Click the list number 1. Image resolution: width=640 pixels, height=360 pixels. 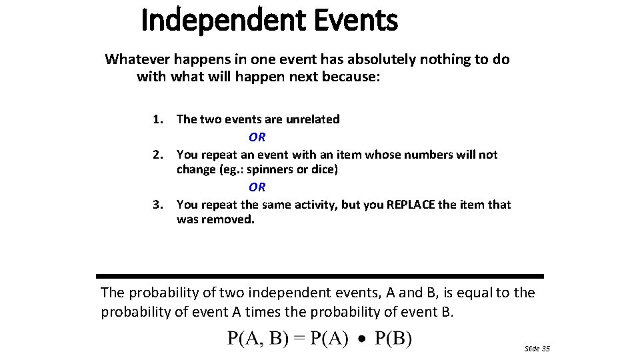tap(157, 119)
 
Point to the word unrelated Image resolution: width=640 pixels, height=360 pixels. tap(313, 119)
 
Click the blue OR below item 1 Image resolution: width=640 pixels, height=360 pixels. tap(257, 137)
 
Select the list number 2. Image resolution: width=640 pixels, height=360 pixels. tap(157, 155)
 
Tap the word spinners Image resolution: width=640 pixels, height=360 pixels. tap(268, 169)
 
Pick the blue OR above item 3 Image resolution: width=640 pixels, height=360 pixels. tap(257, 187)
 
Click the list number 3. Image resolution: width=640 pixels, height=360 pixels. tap(157, 205)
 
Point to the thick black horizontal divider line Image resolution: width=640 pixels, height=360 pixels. tap(320, 276)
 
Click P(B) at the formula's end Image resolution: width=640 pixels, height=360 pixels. tap(393, 339)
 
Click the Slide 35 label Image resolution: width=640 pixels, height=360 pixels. tap(537, 349)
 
